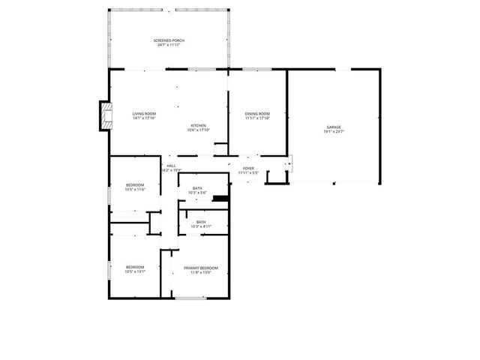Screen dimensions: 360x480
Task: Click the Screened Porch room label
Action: (169, 40)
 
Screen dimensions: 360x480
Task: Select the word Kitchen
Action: (198, 125)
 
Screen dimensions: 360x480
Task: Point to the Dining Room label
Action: (257, 113)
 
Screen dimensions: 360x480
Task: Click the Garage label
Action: (333, 127)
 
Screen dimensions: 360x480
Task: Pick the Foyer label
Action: (248, 168)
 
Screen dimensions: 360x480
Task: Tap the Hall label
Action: (171, 166)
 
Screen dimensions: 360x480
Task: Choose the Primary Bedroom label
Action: (201, 268)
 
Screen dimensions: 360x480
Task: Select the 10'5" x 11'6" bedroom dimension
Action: (135, 190)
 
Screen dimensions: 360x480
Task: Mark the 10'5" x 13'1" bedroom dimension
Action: (135, 272)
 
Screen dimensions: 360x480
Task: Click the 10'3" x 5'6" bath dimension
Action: (197, 193)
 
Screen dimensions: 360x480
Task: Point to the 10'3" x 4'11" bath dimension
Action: (201, 226)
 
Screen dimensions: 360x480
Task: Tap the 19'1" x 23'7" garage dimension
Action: (333, 131)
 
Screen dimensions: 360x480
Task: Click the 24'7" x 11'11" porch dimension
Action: (169, 45)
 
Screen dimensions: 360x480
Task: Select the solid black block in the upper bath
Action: (220, 199)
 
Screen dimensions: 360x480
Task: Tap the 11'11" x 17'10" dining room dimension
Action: (257, 118)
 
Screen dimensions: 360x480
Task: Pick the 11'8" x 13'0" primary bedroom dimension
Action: (201, 272)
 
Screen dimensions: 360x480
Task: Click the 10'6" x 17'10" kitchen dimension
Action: (198, 130)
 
